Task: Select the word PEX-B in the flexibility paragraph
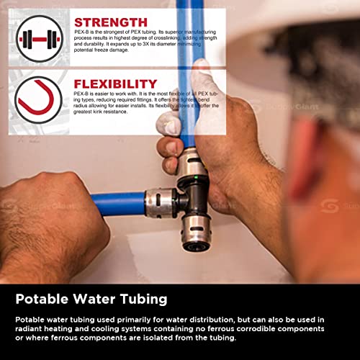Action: (82, 96)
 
